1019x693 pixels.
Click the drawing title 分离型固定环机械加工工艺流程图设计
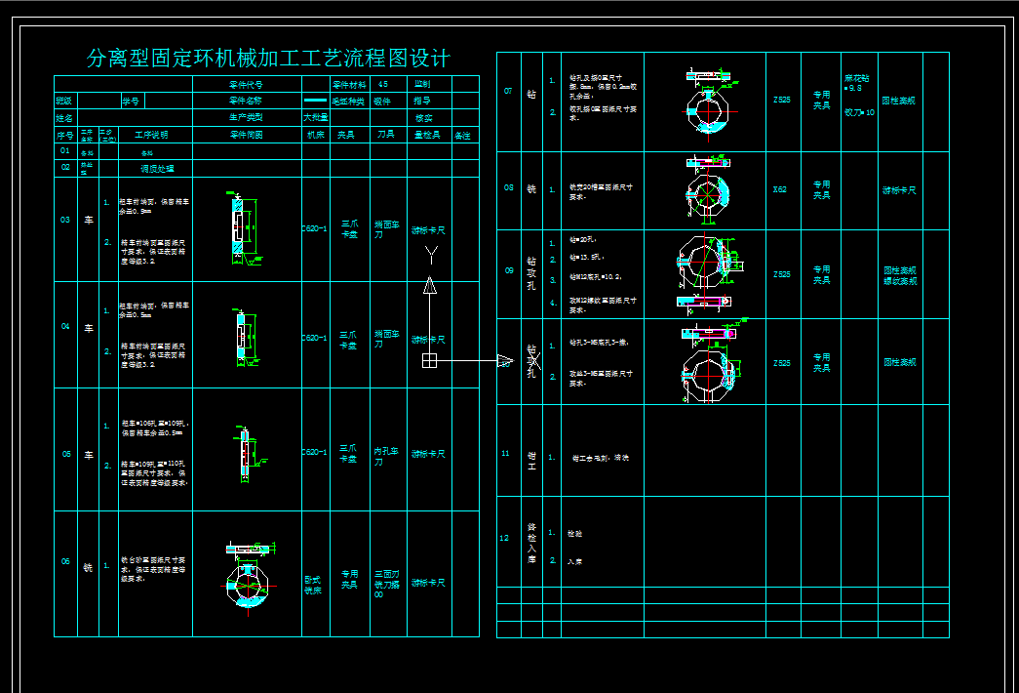point(268,59)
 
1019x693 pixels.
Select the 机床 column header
point(315,135)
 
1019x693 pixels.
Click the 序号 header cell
point(65,135)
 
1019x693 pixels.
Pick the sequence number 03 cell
point(65,220)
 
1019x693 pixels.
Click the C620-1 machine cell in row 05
point(314,452)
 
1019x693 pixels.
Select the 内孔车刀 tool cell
point(386,457)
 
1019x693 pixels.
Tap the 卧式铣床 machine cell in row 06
point(313,584)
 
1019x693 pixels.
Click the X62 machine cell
point(780,189)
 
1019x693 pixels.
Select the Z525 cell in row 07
point(781,100)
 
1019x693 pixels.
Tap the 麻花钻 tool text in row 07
point(857,82)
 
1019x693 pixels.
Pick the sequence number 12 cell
point(505,538)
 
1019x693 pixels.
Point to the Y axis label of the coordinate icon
point(430,255)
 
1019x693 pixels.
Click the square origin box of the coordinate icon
point(429,361)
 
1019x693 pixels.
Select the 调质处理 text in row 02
point(156,168)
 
